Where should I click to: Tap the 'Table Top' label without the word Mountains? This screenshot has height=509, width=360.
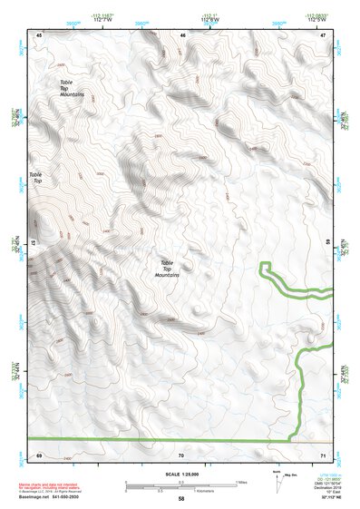tap(37, 178)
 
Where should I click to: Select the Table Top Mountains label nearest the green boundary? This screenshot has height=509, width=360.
tap(167, 269)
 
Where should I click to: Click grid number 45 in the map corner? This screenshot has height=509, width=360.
tap(39, 34)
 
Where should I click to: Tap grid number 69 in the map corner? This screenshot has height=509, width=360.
tap(39, 453)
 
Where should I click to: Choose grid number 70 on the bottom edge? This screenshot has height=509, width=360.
tap(181, 453)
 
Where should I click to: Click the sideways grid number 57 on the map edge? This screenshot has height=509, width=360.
tap(34, 243)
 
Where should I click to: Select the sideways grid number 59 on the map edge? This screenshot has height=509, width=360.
tap(329, 243)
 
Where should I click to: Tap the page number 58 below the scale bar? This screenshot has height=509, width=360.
tap(181, 499)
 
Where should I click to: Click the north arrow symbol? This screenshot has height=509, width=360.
tap(276, 480)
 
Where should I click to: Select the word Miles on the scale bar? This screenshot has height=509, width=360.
tap(241, 482)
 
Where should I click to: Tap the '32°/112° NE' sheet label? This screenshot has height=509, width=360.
tap(326, 498)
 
